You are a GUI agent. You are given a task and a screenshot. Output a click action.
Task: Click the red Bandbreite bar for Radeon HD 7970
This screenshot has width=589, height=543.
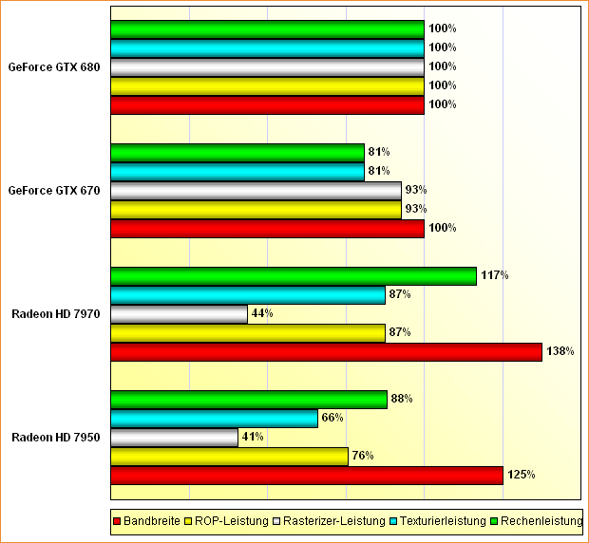(326, 352)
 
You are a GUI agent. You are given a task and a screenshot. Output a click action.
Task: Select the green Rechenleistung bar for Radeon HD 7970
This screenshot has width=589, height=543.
(294, 276)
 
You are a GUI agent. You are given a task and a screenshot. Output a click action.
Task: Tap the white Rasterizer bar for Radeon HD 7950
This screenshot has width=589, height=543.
(174, 438)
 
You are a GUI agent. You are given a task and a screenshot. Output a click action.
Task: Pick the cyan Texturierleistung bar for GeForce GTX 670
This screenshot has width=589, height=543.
(237, 172)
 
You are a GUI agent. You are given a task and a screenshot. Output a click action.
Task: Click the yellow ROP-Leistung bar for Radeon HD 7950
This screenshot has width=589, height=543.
(229, 457)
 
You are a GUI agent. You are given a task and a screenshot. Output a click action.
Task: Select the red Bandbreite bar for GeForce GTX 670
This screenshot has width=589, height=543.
(267, 229)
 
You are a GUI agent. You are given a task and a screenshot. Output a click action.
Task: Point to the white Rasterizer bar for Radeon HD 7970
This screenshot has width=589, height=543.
(179, 314)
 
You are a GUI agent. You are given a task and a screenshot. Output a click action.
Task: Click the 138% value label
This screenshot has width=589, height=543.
(560, 351)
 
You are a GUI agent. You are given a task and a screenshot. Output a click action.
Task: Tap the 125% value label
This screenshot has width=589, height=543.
(522, 475)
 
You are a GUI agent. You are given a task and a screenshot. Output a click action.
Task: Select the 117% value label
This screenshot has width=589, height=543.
(495, 275)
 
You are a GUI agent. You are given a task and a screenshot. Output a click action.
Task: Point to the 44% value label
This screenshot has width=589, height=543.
(262, 313)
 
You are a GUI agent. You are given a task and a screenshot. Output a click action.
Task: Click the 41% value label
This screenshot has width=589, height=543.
(252, 437)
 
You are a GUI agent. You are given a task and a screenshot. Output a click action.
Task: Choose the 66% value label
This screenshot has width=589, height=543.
(332, 418)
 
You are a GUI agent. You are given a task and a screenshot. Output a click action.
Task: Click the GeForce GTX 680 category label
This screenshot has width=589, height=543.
(53, 67)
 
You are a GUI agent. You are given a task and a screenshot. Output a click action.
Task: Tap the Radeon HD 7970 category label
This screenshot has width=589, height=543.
(55, 314)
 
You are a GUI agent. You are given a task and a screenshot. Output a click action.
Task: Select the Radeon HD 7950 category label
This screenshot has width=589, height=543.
(55, 438)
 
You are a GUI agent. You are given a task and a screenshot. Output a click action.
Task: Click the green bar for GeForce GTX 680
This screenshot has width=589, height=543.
(267, 29)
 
